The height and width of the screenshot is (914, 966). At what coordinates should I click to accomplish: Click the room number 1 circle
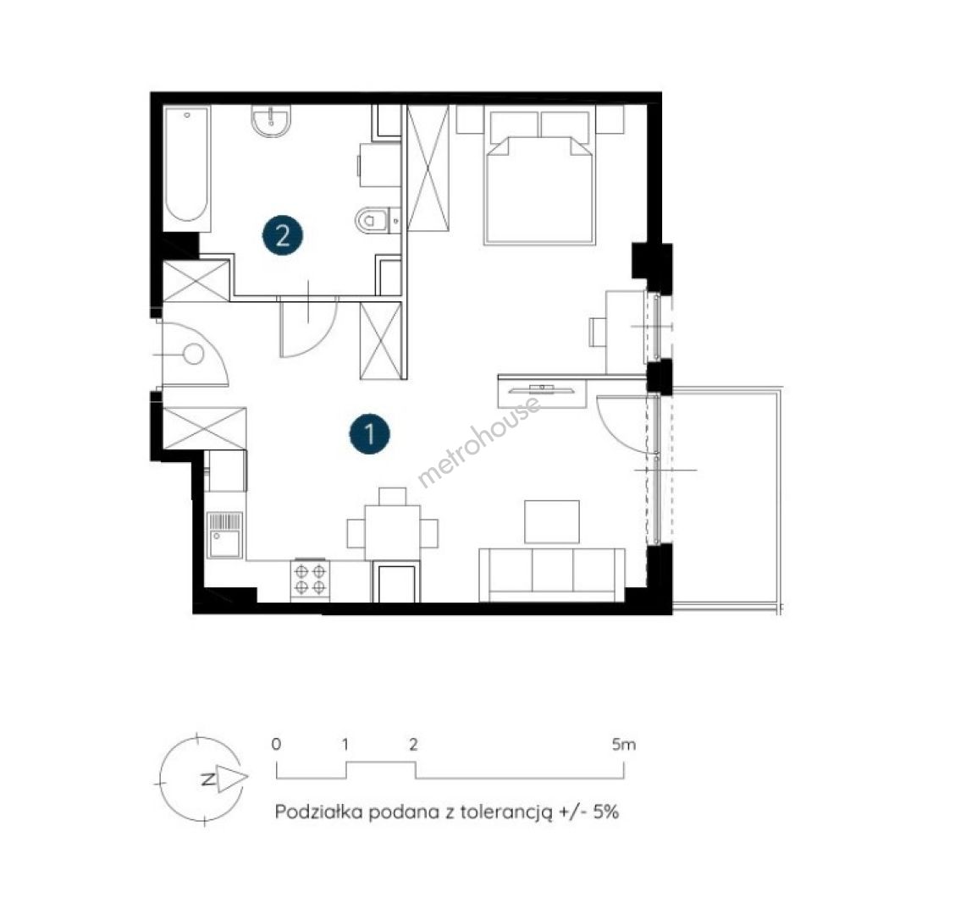pyautogui.click(x=370, y=433)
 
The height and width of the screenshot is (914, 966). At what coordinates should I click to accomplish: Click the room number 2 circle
pyautogui.click(x=282, y=234)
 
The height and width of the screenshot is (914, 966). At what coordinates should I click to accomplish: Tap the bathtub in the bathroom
pyautogui.click(x=187, y=164)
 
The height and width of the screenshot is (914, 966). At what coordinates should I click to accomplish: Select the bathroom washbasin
pyautogui.click(x=271, y=121)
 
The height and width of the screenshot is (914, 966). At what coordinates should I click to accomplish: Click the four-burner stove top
pyautogui.click(x=310, y=579)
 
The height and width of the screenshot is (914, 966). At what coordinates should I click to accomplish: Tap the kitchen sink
pyautogui.click(x=225, y=535)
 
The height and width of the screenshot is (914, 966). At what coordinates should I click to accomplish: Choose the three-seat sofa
pyautogui.click(x=552, y=575)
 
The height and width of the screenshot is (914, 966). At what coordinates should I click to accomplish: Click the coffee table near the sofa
pyautogui.click(x=552, y=521)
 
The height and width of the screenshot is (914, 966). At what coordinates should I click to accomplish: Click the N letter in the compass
pyautogui.click(x=209, y=779)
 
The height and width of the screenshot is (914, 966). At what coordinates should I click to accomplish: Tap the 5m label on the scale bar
pyautogui.click(x=623, y=745)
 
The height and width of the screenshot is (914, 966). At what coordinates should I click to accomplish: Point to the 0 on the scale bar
pyautogui.click(x=276, y=745)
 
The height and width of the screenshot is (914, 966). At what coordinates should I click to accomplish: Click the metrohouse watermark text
pyautogui.click(x=480, y=441)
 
